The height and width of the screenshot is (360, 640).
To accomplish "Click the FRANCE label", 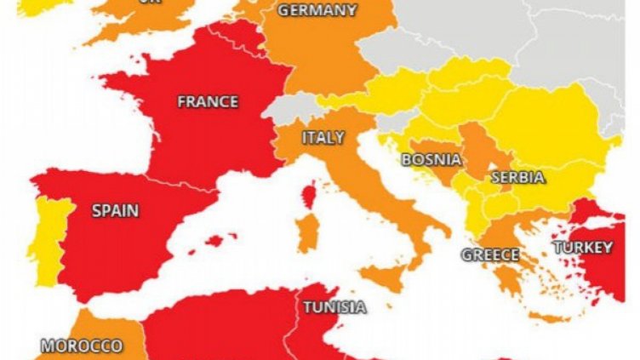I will point(208,101).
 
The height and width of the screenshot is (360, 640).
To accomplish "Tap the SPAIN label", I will point(115,209).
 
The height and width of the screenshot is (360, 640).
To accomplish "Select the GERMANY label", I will point(317,10).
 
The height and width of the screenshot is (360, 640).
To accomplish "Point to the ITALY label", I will point(323,137).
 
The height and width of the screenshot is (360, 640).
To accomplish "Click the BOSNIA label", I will point(431,158).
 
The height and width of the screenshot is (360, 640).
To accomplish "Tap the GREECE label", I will point(490,254).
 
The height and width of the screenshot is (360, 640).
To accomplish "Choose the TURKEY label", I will point(582,248).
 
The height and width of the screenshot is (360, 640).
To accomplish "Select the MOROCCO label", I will point(81,346).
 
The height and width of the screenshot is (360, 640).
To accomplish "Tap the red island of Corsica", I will point(309,194).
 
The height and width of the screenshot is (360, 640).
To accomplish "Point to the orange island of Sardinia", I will point(307,231).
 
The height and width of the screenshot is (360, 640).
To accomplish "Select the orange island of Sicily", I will point(382,277).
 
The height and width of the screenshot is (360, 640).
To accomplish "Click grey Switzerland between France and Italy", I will point(284,109).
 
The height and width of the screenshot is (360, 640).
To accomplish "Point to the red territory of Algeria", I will point(213,328).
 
